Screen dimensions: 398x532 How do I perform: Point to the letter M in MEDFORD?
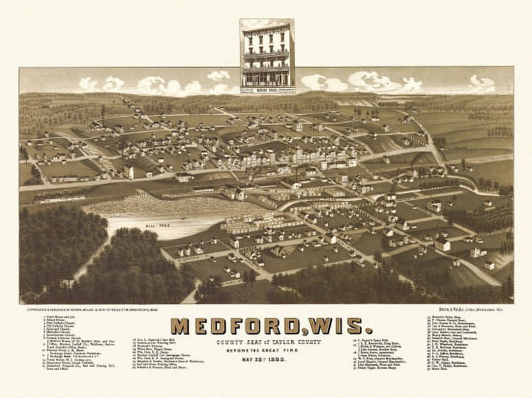point(180,326)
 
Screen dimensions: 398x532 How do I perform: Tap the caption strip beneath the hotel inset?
point(267,89)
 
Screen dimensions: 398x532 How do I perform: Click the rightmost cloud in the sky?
point(482,83)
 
